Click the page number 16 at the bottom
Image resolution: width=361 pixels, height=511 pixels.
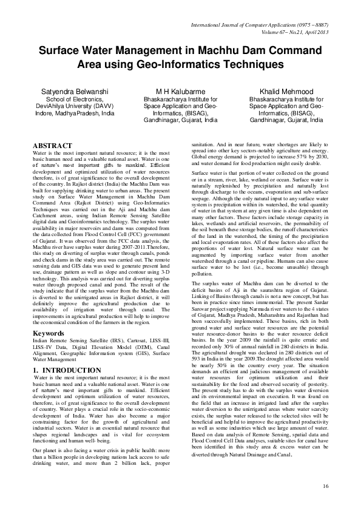click(x=325, y=486)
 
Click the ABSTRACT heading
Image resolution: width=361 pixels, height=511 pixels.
click(x=52, y=146)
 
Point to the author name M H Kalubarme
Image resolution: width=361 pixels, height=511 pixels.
click(x=180, y=90)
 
